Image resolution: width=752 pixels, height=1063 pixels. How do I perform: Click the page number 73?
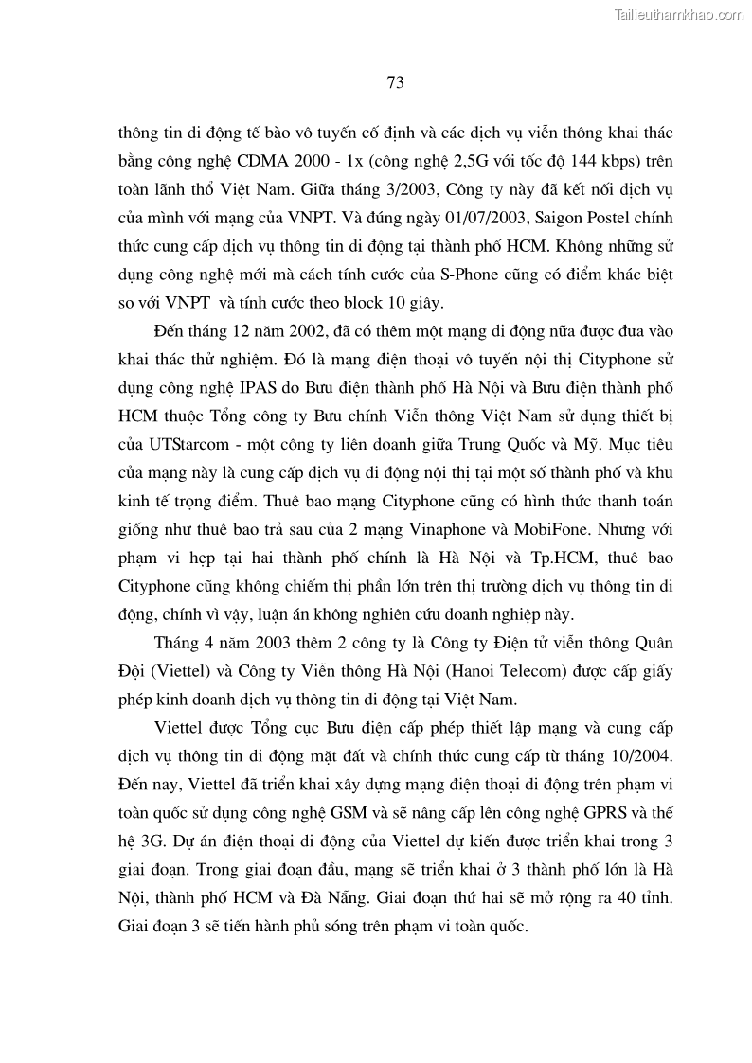[x=396, y=82]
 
